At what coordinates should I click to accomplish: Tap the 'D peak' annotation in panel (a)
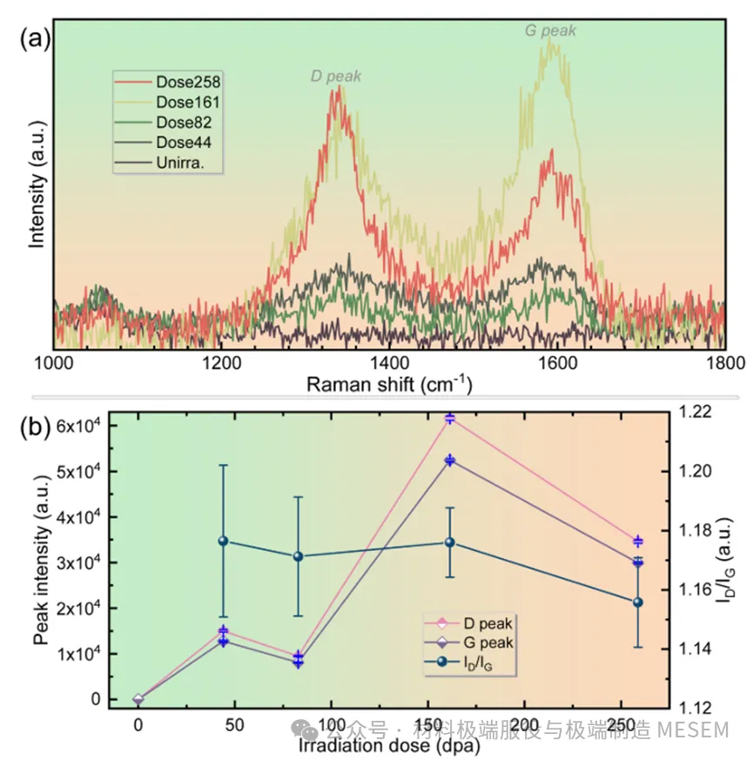336,77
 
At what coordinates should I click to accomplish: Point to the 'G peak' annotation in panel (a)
550,30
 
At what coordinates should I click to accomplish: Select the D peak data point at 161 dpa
450,419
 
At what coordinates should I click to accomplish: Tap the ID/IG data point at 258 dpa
638,602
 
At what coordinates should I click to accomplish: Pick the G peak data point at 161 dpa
450,460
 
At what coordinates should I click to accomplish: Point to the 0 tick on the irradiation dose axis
138,724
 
